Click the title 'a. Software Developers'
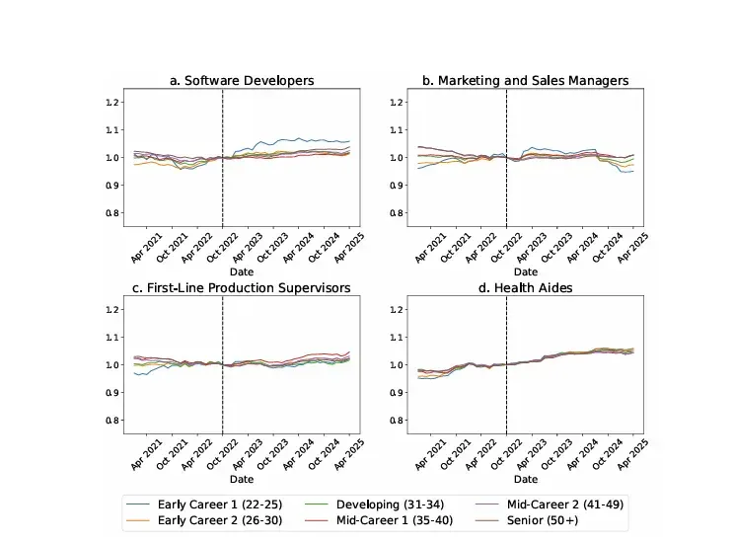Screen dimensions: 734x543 (x=242, y=81)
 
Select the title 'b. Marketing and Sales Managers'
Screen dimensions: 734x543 (x=525, y=81)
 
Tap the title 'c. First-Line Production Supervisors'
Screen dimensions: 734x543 (x=242, y=287)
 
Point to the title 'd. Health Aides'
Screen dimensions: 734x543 (x=525, y=287)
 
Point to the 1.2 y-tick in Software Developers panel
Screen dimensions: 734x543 (x=111, y=102)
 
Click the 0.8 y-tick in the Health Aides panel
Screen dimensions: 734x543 (x=396, y=421)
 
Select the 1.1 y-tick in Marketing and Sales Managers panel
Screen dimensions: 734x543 (x=396, y=129)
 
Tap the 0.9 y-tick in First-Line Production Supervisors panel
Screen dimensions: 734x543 (x=111, y=393)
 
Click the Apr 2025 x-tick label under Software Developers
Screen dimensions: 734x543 (x=348, y=247)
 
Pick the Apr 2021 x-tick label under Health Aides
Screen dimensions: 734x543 (x=430, y=454)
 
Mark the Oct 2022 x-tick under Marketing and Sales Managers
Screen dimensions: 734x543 (x=506, y=247)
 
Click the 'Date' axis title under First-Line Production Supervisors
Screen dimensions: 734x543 (x=242, y=479)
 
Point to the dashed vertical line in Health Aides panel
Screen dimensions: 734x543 (x=506, y=364)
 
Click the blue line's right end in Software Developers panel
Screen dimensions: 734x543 (x=349, y=141)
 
